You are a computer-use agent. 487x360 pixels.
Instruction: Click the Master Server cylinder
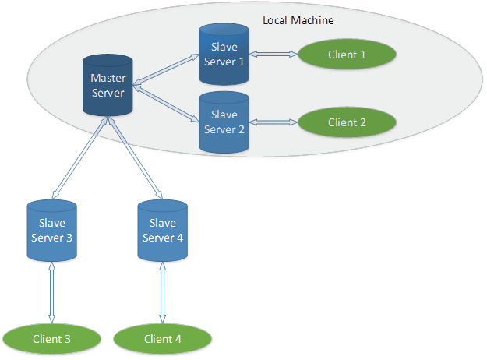(108, 85)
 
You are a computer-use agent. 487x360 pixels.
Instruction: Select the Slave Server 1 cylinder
(224, 55)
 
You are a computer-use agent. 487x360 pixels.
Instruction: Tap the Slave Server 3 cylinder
(51, 231)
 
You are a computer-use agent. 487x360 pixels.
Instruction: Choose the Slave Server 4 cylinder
(162, 231)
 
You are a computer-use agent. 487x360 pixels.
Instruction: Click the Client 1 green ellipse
(347, 55)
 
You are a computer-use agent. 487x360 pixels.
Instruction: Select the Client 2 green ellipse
(347, 122)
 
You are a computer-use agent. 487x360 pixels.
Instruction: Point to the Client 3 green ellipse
(52, 338)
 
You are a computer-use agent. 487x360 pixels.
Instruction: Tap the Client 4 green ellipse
(163, 338)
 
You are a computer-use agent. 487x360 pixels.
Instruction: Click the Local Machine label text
(298, 21)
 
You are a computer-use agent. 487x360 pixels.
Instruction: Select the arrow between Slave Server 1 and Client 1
(273, 55)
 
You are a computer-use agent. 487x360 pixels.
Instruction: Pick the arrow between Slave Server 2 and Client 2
(273, 122)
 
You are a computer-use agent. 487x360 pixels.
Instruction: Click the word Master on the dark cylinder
(108, 78)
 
